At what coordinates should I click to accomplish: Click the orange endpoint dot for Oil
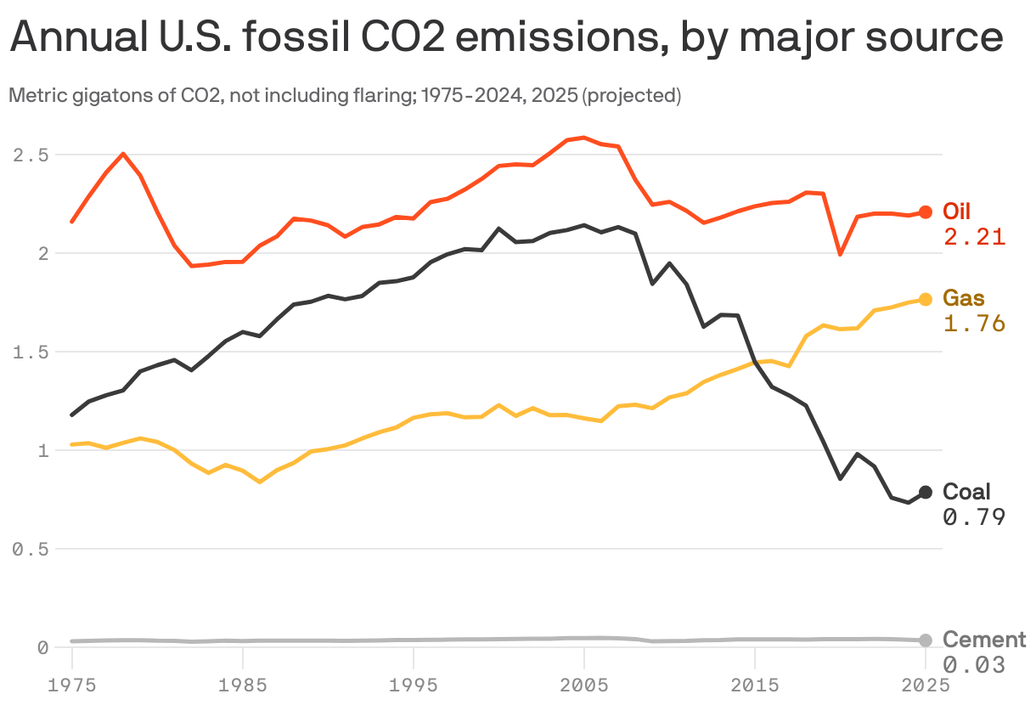click(926, 212)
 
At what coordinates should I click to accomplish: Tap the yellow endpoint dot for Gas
click(926, 299)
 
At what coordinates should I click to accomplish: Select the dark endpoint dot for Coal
click(926, 492)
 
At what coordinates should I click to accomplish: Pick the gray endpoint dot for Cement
click(926, 640)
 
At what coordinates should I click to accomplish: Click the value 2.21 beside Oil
click(974, 237)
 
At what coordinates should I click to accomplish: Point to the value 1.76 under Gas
click(974, 324)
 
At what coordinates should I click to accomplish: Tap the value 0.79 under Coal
click(974, 516)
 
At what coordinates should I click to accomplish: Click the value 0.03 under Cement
click(974, 665)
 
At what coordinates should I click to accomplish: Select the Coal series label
click(966, 492)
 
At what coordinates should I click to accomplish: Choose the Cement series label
click(984, 640)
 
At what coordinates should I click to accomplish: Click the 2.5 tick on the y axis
click(30, 155)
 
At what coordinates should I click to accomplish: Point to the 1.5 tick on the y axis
click(30, 352)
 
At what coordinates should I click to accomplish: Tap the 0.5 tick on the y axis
click(30, 550)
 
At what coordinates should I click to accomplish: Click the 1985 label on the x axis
click(243, 684)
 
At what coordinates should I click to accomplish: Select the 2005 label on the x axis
click(583, 684)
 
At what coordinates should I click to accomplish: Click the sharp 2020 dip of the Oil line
click(840, 253)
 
